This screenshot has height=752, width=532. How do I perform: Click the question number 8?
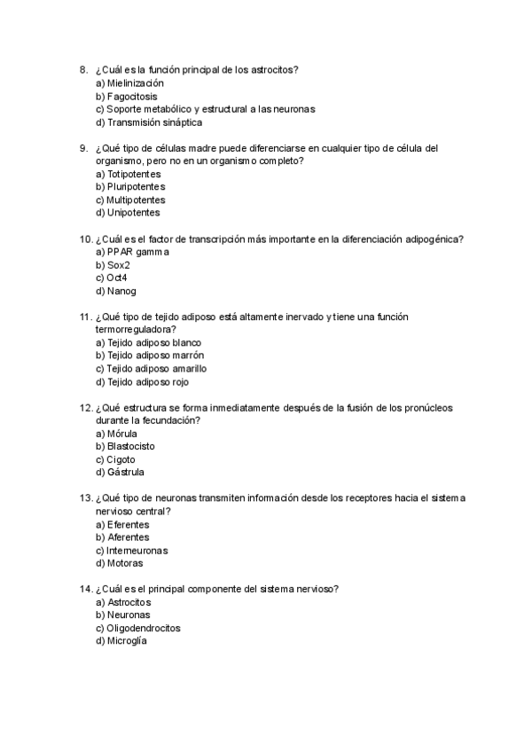(x=82, y=69)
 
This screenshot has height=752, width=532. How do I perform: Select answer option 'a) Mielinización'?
(x=129, y=82)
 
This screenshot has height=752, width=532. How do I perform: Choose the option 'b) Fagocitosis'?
(x=126, y=96)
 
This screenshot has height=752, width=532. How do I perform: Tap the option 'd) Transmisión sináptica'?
(x=148, y=122)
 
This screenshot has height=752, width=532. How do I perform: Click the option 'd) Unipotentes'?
(x=128, y=213)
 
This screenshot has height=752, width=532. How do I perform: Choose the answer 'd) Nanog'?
(x=115, y=291)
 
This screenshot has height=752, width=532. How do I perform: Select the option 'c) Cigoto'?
(x=115, y=459)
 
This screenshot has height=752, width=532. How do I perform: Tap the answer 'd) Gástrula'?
(x=119, y=473)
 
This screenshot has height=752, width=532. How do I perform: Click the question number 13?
(x=86, y=498)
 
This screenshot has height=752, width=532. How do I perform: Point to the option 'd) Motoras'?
(x=119, y=563)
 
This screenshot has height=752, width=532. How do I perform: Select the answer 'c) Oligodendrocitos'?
(x=137, y=628)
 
